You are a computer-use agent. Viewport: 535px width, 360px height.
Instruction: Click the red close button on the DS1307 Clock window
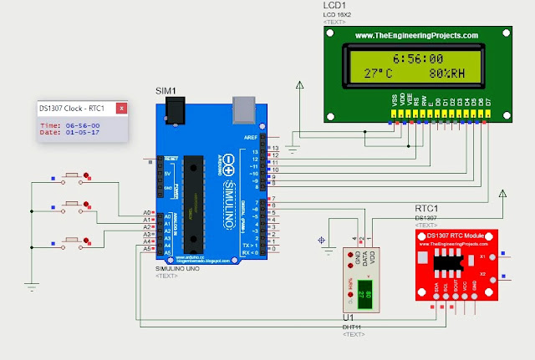(121, 108)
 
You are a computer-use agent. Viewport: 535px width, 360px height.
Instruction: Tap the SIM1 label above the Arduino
(167, 89)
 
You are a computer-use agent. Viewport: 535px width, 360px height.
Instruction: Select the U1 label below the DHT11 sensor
(348, 318)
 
